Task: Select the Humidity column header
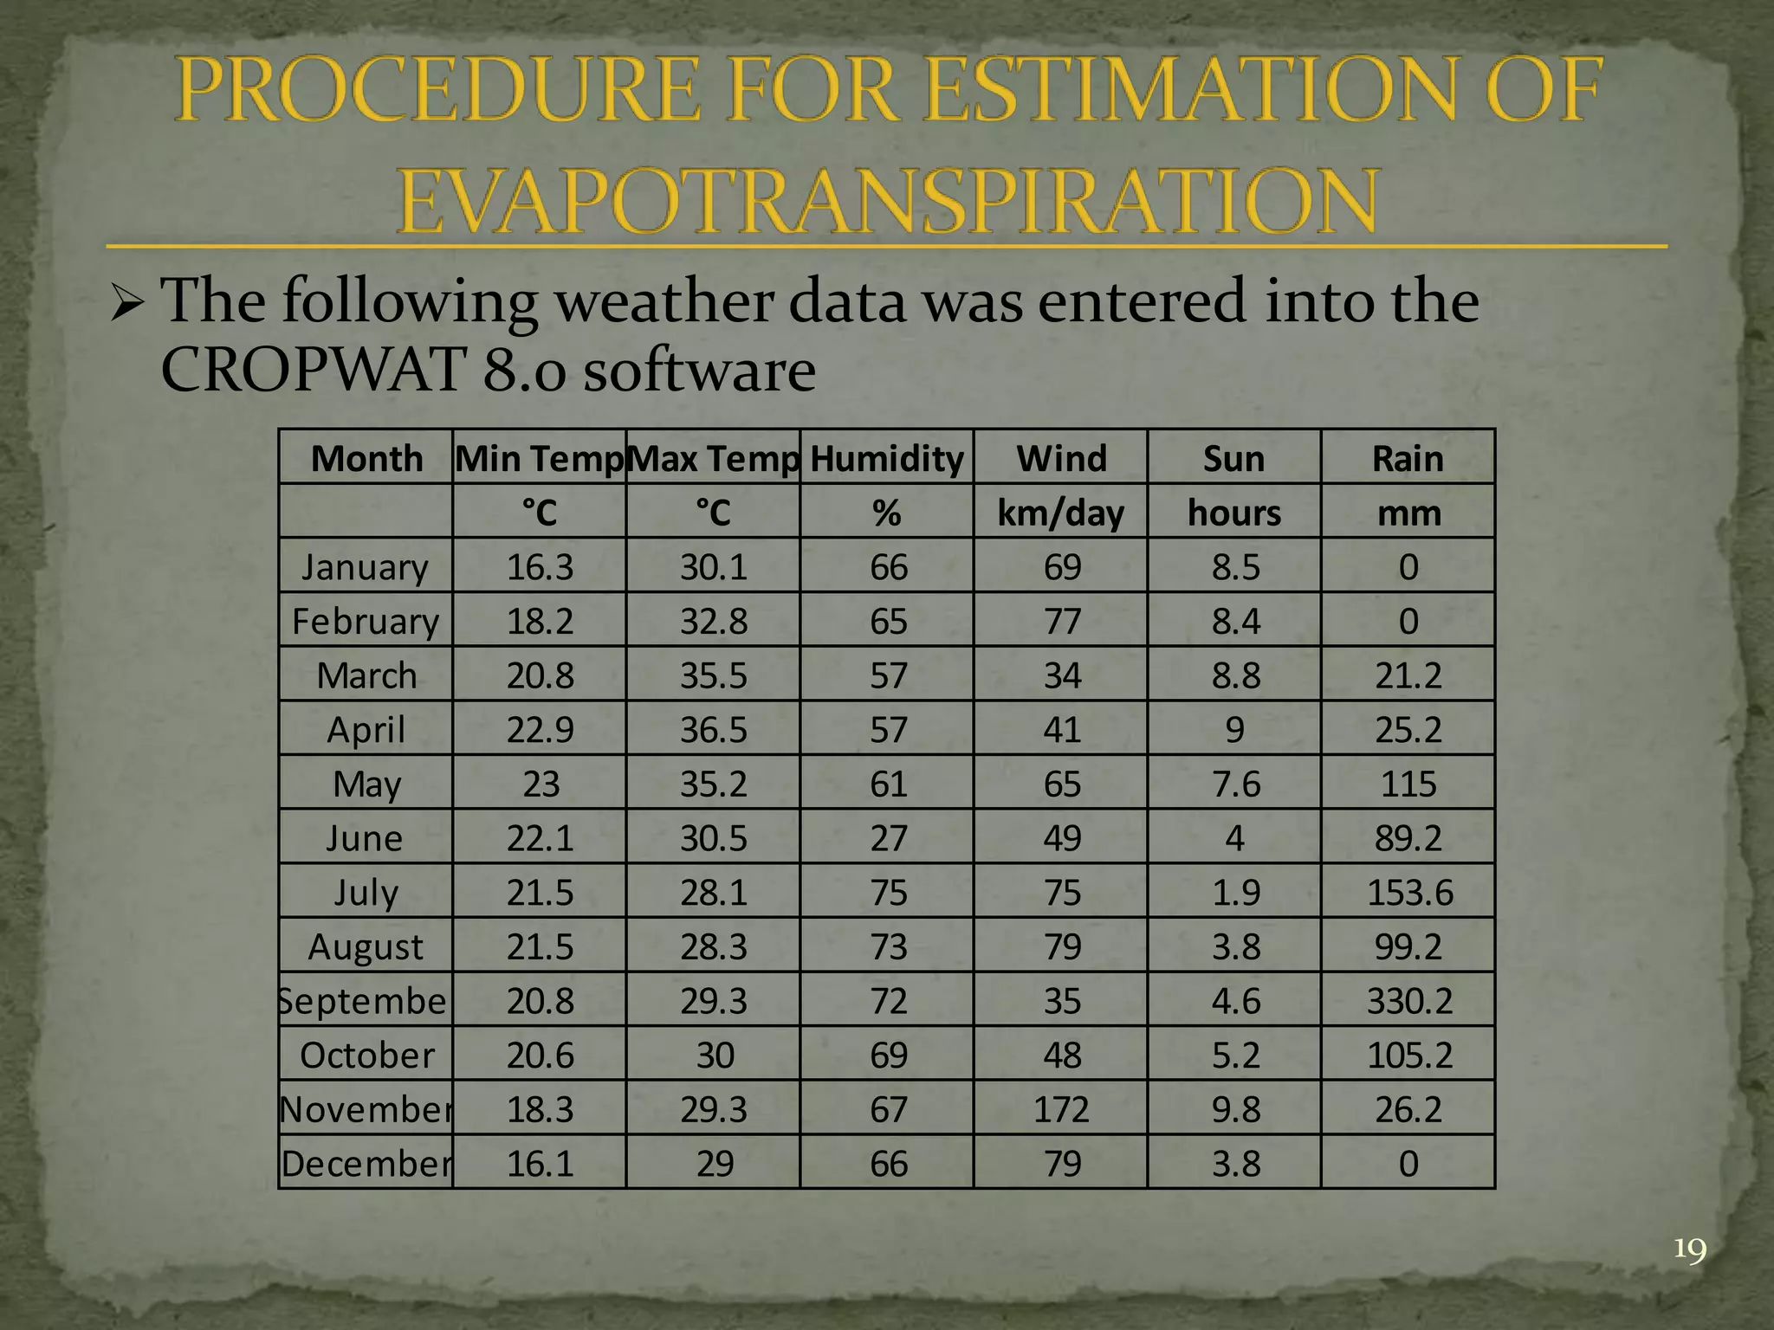click(887, 458)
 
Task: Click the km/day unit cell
click(1060, 513)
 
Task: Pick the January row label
click(365, 567)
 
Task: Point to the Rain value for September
click(1408, 1001)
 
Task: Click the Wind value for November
click(1061, 1109)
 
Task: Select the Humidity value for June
click(888, 838)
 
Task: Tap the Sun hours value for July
click(1235, 893)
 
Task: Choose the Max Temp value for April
click(713, 730)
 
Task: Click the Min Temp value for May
click(541, 784)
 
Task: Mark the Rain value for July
click(1409, 893)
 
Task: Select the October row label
click(366, 1056)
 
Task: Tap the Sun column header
click(1233, 458)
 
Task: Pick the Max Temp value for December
click(715, 1164)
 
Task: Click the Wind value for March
click(1061, 675)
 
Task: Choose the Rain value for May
click(1408, 784)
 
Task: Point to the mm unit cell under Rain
click(1408, 513)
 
